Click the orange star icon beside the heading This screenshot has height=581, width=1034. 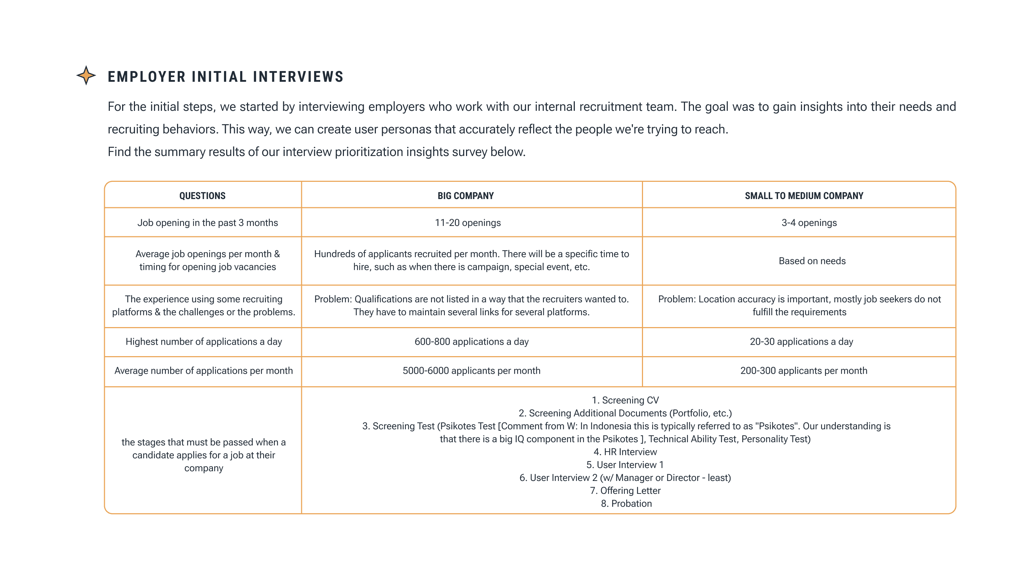point(86,75)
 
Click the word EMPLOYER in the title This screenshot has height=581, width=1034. point(146,77)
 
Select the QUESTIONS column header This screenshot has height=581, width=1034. point(202,196)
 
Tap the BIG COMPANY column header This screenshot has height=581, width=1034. point(466,196)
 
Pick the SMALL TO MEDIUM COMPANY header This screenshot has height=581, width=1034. point(804,196)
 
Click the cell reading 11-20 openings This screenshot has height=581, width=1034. point(467,222)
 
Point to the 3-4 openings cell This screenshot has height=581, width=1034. point(809,222)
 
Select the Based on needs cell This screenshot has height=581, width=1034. point(812,261)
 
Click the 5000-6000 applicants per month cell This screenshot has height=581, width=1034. point(471,370)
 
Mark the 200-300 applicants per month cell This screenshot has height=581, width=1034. point(804,370)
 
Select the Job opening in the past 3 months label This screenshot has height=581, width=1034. point(208,222)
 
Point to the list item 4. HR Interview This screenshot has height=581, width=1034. point(625,452)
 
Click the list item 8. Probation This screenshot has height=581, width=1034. point(626,504)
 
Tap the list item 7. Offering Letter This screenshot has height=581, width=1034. point(625,491)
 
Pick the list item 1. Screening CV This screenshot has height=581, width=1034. point(625,400)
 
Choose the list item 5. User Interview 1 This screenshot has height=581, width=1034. point(625,465)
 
